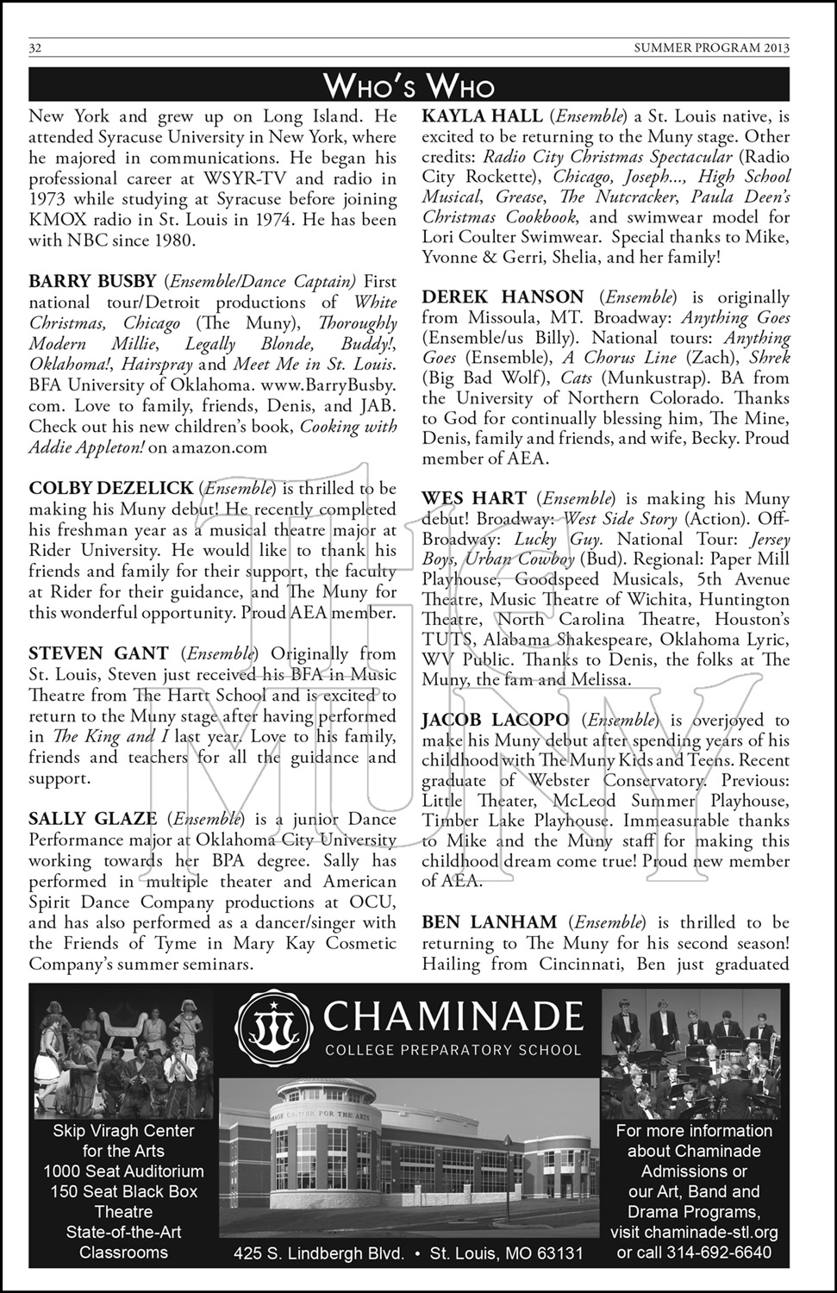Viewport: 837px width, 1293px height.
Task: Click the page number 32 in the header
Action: tap(36, 48)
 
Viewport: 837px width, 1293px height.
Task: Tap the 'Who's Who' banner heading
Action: tap(409, 85)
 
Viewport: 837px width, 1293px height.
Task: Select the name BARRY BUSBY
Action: tap(93, 282)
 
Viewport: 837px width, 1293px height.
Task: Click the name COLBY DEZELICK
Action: tap(111, 489)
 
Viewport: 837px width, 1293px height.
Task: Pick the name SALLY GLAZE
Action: tap(93, 820)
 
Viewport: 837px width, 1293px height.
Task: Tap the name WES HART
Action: tap(473, 499)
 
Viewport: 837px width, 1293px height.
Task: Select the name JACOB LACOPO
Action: tap(496, 721)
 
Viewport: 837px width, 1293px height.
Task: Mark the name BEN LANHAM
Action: tap(490, 923)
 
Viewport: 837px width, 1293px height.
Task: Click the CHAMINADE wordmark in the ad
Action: tap(452, 1017)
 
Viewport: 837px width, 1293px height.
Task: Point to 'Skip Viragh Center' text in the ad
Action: tap(124, 1131)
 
